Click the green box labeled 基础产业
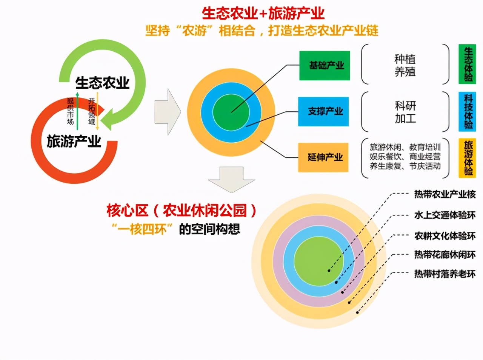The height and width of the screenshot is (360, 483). click(x=325, y=66)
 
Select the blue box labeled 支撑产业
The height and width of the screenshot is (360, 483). click(x=323, y=111)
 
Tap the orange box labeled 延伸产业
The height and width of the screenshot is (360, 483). click(x=323, y=157)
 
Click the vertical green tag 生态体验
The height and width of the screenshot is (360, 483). click(x=467, y=64)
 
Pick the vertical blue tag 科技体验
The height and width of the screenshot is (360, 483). click(x=467, y=111)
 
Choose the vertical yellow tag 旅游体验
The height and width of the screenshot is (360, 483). click(x=467, y=158)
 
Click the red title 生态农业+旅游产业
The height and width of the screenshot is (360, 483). click(x=263, y=13)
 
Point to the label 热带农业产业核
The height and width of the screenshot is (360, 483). click(x=445, y=194)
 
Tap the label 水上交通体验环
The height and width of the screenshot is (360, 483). click(x=445, y=215)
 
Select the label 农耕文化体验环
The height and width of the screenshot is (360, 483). click(x=445, y=236)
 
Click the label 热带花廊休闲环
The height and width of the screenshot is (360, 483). click(x=445, y=255)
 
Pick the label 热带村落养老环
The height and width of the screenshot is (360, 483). click(x=445, y=274)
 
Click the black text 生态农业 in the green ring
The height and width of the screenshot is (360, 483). click(x=102, y=82)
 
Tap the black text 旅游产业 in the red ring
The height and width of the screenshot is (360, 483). click(x=74, y=142)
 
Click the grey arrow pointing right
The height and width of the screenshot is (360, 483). click(x=168, y=112)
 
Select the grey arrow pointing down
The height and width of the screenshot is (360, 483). click(x=231, y=180)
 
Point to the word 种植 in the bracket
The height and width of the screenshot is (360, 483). click(x=405, y=59)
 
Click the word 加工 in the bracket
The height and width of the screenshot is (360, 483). click(x=405, y=118)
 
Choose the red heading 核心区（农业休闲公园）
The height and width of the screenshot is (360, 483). click(x=181, y=211)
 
